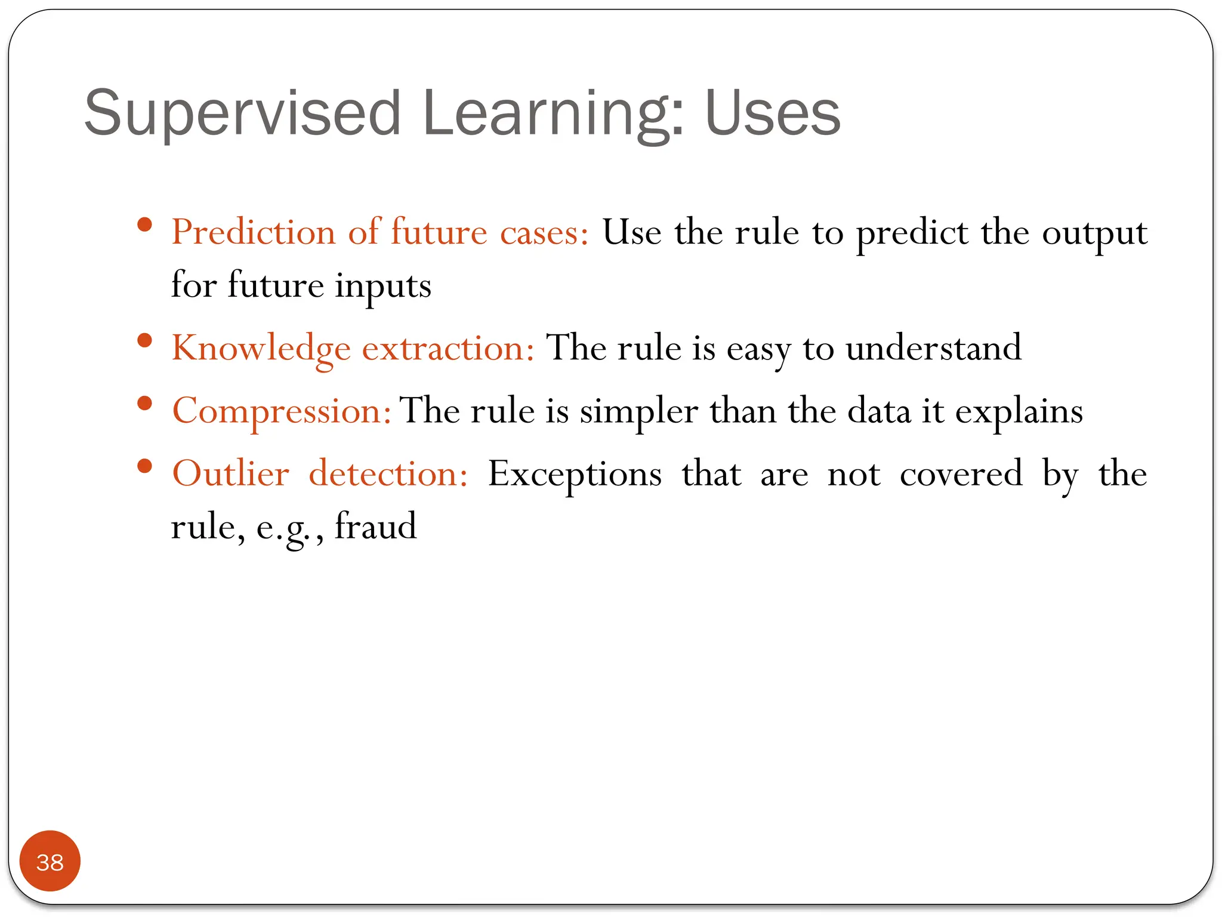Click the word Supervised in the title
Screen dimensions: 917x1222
pyautogui.click(x=242, y=113)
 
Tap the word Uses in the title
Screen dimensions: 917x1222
pyautogui.click(x=772, y=113)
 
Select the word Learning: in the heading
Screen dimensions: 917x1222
pyautogui.click(x=553, y=113)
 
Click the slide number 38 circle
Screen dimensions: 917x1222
pyautogui.click(x=50, y=861)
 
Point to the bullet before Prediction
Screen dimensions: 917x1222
pyautogui.click(x=144, y=225)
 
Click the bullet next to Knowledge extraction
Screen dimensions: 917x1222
pyautogui.click(x=144, y=341)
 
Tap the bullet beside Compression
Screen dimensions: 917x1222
pyautogui.click(x=144, y=404)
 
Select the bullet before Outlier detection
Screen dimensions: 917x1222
pyautogui.click(x=144, y=466)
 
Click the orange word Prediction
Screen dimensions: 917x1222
pyautogui.click(x=254, y=232)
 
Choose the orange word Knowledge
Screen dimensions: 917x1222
pyautogui.click(x=261, y=348)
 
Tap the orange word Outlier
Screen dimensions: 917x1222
pyautogui.click(x=231, y=474)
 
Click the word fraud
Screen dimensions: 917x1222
pyautogui.click(x=375, y=527)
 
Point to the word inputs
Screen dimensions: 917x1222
pyautogui.click(x=382, y=285)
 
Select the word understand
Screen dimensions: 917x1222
pyautogui.click(x=933, y=348)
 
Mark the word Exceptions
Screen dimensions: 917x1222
pyautogui.click(x=575, y=474)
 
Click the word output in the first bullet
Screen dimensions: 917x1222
pyautogui.click(x=1094, y=232)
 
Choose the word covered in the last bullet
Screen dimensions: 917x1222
pyautogui.click(x=961, y=474)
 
